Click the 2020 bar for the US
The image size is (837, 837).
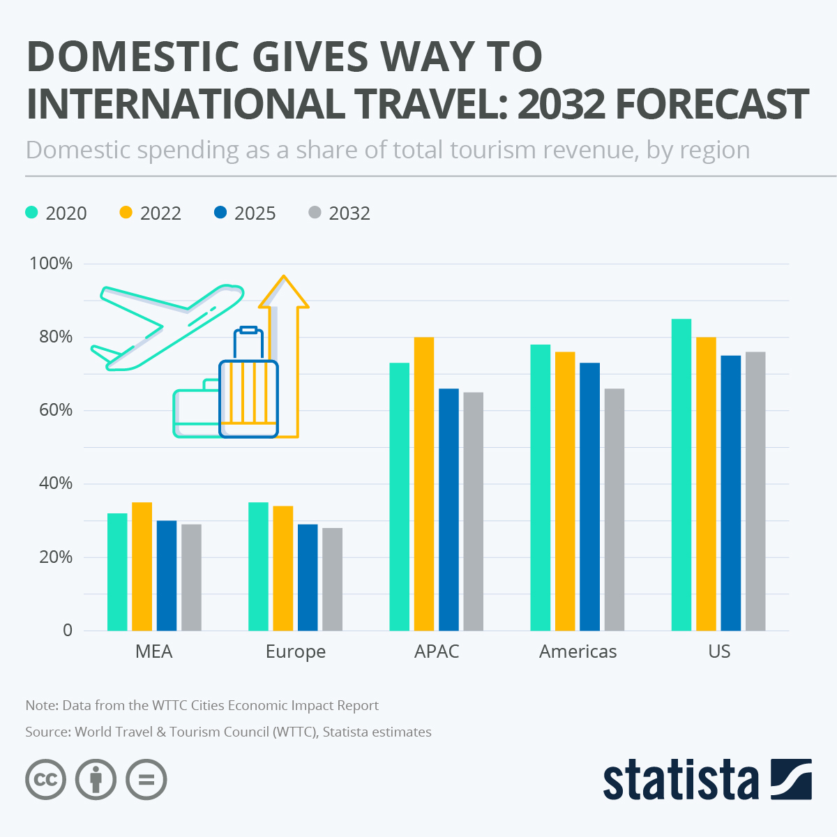(681, 474)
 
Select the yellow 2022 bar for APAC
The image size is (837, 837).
(424, 483)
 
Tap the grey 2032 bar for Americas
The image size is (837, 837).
(614, 509)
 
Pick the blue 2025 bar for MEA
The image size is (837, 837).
(167, 575)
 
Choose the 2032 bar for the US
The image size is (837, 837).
(755, 491)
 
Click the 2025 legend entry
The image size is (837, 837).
(245, 213)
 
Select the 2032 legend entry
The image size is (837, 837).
(339, 213)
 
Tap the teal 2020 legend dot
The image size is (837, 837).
(31, 212)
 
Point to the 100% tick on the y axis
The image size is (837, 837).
(51, 264)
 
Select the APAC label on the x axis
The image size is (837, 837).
(437, 651)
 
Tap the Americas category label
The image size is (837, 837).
(578, 651)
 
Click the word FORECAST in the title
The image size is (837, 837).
(712, 104)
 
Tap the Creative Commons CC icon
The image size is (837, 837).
(46, 779)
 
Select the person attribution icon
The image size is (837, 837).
(96, 779)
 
